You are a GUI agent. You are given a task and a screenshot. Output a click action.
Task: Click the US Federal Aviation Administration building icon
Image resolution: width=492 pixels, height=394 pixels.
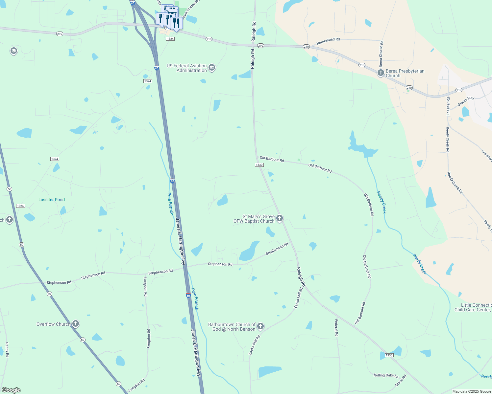click(212, 68)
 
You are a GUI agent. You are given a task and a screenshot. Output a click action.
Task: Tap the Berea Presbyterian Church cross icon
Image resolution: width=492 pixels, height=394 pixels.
click(381, 73)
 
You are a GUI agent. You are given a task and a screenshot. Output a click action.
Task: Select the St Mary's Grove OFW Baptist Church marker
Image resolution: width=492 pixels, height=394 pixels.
click(280, 218)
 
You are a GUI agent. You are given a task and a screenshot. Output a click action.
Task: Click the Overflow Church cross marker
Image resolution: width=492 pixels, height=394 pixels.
click(76, 324)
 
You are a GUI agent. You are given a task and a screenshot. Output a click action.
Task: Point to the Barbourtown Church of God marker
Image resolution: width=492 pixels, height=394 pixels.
click(260, 326)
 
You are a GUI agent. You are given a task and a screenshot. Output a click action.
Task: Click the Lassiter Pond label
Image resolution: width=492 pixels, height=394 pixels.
click(52, 200)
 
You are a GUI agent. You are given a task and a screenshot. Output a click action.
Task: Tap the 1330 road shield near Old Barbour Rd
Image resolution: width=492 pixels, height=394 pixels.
click(259, 165)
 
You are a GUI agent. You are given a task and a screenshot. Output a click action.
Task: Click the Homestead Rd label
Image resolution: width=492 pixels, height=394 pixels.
click(328, 41)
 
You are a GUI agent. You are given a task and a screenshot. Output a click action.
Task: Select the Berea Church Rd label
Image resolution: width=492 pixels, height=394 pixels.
click(381, 54)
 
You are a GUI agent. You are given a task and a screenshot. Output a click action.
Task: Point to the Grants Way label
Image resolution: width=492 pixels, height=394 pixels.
click(466, 101)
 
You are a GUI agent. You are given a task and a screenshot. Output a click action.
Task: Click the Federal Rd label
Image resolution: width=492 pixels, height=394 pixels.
click(336, 328)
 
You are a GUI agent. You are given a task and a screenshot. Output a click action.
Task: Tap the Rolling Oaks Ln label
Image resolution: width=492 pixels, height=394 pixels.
click(386, 375)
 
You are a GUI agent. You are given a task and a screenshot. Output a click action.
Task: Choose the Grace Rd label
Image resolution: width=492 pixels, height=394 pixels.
click(401, 380)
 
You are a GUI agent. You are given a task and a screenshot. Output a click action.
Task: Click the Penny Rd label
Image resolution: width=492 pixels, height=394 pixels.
click(7, 350)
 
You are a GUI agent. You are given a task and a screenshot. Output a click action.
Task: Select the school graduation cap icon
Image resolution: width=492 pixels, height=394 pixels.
click(14, 51)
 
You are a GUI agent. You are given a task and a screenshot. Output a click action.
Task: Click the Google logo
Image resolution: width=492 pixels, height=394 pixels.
click(11, 390)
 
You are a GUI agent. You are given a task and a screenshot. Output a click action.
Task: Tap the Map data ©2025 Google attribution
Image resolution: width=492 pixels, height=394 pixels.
click(472, 391)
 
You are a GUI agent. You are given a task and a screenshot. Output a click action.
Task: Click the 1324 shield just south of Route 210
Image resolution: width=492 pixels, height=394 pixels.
click(170, 39)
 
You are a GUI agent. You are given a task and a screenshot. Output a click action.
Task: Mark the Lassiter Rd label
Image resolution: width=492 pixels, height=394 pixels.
click(448, 106)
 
